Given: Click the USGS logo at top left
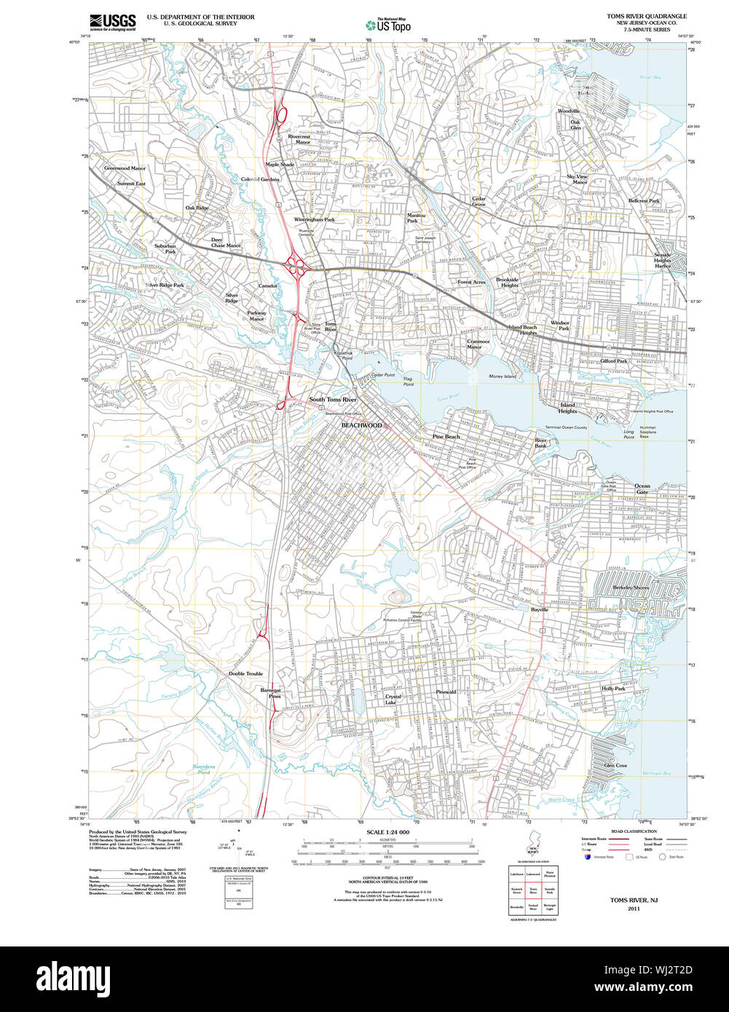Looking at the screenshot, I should point(113,22).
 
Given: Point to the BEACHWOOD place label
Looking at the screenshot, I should point(361,425).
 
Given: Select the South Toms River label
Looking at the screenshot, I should point(333,400).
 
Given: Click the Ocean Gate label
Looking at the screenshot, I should point(642,489).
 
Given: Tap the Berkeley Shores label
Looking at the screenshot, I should point(631,587).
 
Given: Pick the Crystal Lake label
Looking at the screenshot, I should point(392,699).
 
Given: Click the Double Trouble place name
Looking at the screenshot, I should point(245,673).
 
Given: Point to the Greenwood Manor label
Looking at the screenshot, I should point(125,168).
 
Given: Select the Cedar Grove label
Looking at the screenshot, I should point(478,202).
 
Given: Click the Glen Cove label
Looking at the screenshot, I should point(615,765).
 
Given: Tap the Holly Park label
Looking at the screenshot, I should point(613,688).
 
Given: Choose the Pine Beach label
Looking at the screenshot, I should point(446,436).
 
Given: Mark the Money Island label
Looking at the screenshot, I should point(503,376).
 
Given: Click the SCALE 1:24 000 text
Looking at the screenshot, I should point(388,832).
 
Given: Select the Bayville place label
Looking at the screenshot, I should point(539,609).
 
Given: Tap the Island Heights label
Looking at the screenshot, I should point(567,408).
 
